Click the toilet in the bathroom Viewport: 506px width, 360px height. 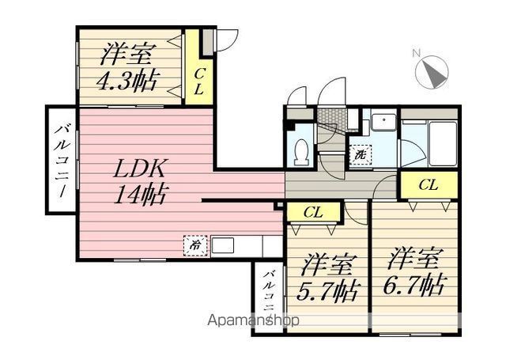click(302, 151)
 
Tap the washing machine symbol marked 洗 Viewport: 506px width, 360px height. click(361, 154)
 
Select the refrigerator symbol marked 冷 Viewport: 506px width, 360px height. click(195, 246)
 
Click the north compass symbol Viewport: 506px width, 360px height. click(432, 71)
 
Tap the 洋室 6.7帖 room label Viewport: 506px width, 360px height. click(414, 271)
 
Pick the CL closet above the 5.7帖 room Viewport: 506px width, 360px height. click(313, 213)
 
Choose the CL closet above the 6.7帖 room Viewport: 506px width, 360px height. click(429, 185)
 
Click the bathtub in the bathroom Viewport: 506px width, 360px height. click(442, 144)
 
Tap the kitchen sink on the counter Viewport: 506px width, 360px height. click(223, 245)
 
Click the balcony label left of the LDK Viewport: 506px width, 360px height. click(62, 161)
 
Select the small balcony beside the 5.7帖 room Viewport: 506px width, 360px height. click(269, 298)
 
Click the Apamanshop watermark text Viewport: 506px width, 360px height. click(253, 320)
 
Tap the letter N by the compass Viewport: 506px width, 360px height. click(417, 53)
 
